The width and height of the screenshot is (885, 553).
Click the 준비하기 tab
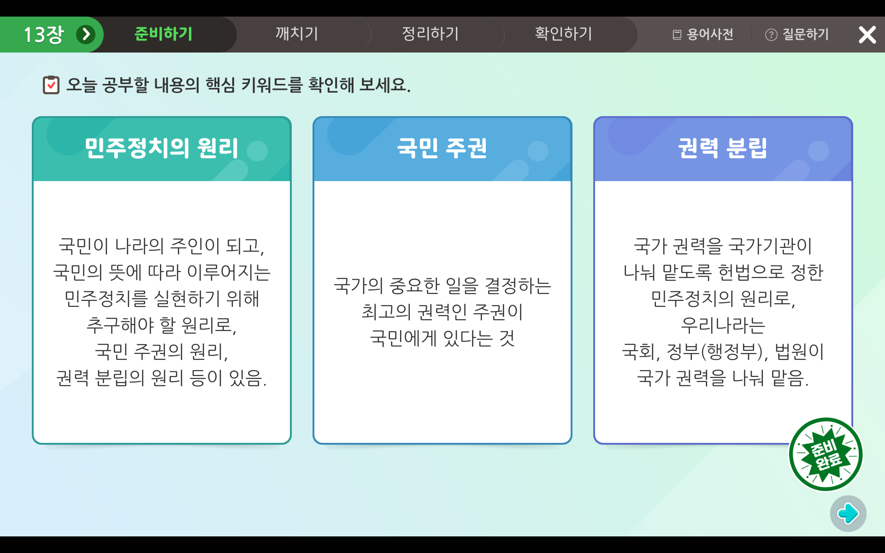pos(163,34)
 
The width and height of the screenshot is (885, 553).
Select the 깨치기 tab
pos(297,34)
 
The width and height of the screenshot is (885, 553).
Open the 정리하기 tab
pos(430,34)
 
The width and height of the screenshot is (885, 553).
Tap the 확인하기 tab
pos(563,34)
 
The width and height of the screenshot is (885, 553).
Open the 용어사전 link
pos(703,35)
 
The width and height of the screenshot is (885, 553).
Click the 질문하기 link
pos(797,35)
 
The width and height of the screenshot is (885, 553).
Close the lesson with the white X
pos(867,35)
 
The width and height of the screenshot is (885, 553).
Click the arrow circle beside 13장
pos(86,35)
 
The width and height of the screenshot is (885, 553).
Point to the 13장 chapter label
pos(43,35)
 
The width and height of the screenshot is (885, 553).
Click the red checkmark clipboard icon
pos(51,85)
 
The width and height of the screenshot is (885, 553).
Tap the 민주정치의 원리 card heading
pos(161,148)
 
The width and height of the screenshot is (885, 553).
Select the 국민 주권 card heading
pos(442,148)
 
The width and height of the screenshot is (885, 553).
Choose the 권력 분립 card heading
pos(722,148)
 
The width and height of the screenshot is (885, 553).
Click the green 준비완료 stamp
pos(826,454)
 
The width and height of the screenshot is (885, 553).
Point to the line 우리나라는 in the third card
pos(723,325)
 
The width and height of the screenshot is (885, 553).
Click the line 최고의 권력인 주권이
pos(442,312)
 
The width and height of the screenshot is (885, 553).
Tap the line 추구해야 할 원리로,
pos(161,325)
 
